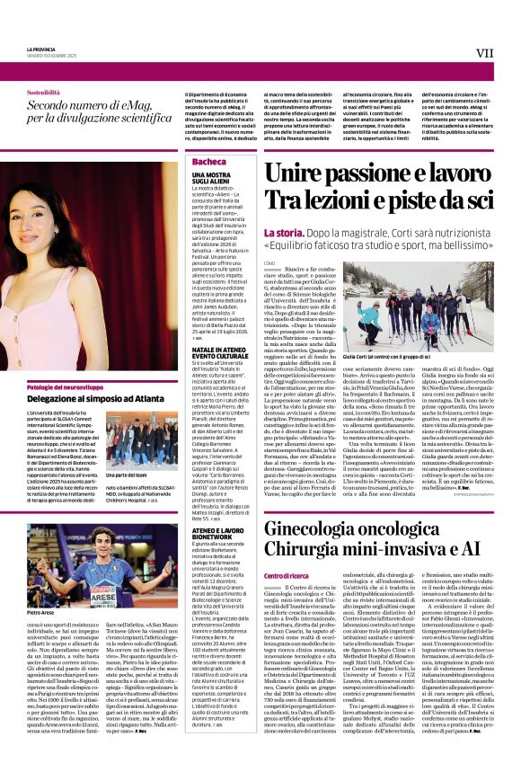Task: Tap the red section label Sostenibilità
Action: [43, 93]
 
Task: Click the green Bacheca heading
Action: [208, 162]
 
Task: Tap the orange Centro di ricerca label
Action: [285, 575]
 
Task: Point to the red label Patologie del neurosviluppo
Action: [67, 386]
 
